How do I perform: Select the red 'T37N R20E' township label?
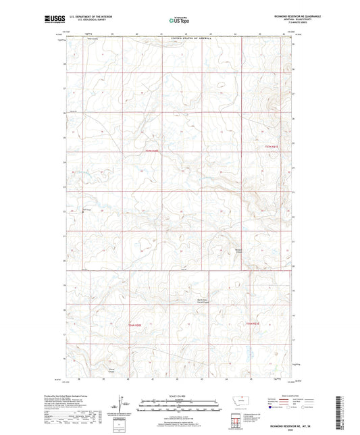tap(153, 151)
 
